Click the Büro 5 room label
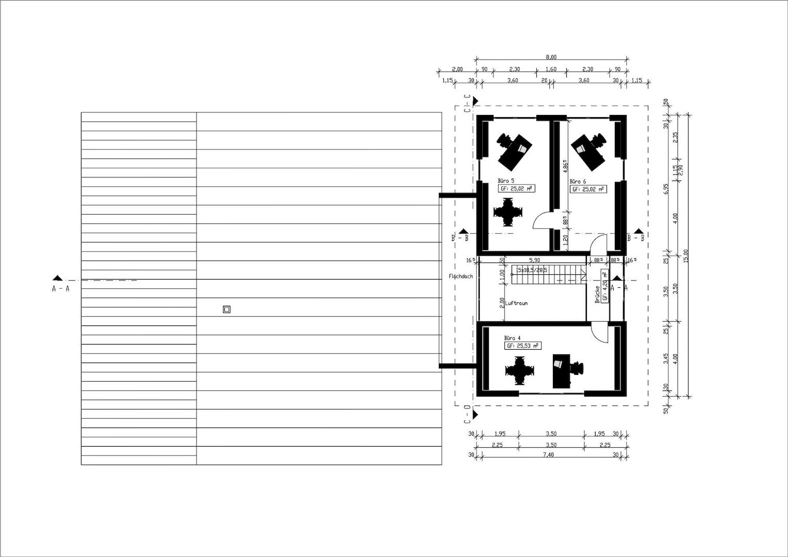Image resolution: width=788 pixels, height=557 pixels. click(506, 181)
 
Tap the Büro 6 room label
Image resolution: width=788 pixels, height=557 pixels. click(578, 182)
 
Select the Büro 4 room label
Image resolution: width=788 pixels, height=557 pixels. click(513, 338)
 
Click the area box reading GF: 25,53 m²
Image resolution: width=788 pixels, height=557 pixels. click(522, 346)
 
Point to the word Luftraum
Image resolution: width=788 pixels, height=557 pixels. click(516, 303)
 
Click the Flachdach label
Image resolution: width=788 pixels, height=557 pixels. click(461, 277)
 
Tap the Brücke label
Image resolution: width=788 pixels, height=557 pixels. click(597, 294)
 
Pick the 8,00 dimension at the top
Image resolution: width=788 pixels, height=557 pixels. click(551, 57)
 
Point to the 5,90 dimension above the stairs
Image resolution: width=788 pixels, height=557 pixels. click(534, 260)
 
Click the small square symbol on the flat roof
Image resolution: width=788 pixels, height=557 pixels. click(226, 309)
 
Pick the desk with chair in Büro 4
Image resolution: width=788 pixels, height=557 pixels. click(565, 370)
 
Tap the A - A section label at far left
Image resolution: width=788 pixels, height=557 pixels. click(60, 289)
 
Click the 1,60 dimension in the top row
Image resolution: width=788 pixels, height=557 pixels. click(551, 69)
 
